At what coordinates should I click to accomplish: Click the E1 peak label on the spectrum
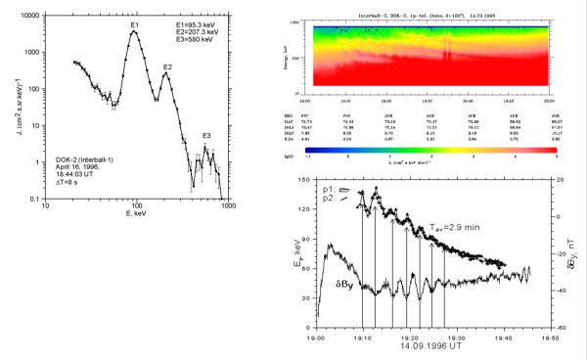(134, 22)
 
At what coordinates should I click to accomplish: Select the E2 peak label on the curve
(168, 67)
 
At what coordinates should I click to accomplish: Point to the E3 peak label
(205, 136)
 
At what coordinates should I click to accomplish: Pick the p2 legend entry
(336, 199)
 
